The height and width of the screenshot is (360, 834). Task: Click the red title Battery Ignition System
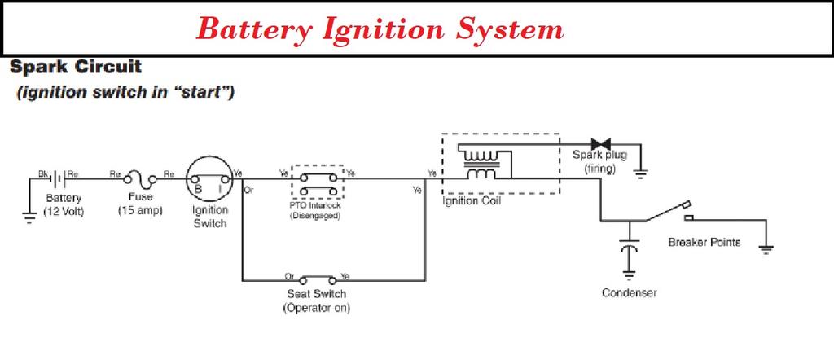381,29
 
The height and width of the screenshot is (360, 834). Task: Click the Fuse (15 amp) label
141,204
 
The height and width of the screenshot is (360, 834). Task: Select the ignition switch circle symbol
208,179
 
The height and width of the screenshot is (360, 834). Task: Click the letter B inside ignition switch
197,190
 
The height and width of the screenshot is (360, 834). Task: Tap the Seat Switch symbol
317,279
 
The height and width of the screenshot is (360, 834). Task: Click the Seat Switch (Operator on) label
317,301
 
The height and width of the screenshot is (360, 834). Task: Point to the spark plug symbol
603,144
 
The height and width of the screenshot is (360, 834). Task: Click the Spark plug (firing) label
599,161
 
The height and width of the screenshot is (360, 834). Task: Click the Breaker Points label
704,242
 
